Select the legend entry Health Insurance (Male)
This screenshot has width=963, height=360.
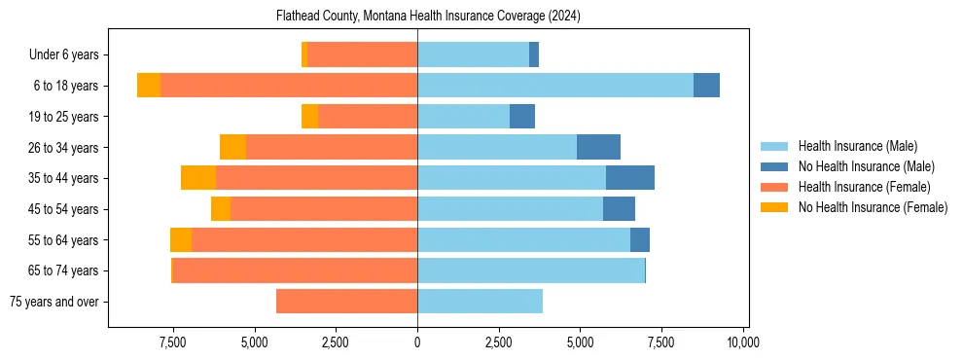pos(857,146)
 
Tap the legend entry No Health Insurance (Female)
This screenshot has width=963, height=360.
pos(873,207)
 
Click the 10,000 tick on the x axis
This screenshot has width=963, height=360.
pos(743,342)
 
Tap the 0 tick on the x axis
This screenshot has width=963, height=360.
pos(417,342)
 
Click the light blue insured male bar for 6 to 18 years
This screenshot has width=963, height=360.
pos(554,86)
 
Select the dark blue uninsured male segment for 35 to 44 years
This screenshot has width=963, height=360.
pos(630,178)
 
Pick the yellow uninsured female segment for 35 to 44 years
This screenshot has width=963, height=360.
pos(198,178)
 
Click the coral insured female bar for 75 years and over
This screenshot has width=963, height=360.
pos(346,302)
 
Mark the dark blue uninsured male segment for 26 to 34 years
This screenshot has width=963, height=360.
pos(598,147)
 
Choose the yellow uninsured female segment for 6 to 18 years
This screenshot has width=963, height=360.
pos(149,86)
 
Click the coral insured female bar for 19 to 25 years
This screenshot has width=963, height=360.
pos(368,117)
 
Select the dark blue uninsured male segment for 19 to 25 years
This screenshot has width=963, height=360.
pos(522,117)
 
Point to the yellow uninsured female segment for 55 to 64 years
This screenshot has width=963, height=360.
pos(181,240)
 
